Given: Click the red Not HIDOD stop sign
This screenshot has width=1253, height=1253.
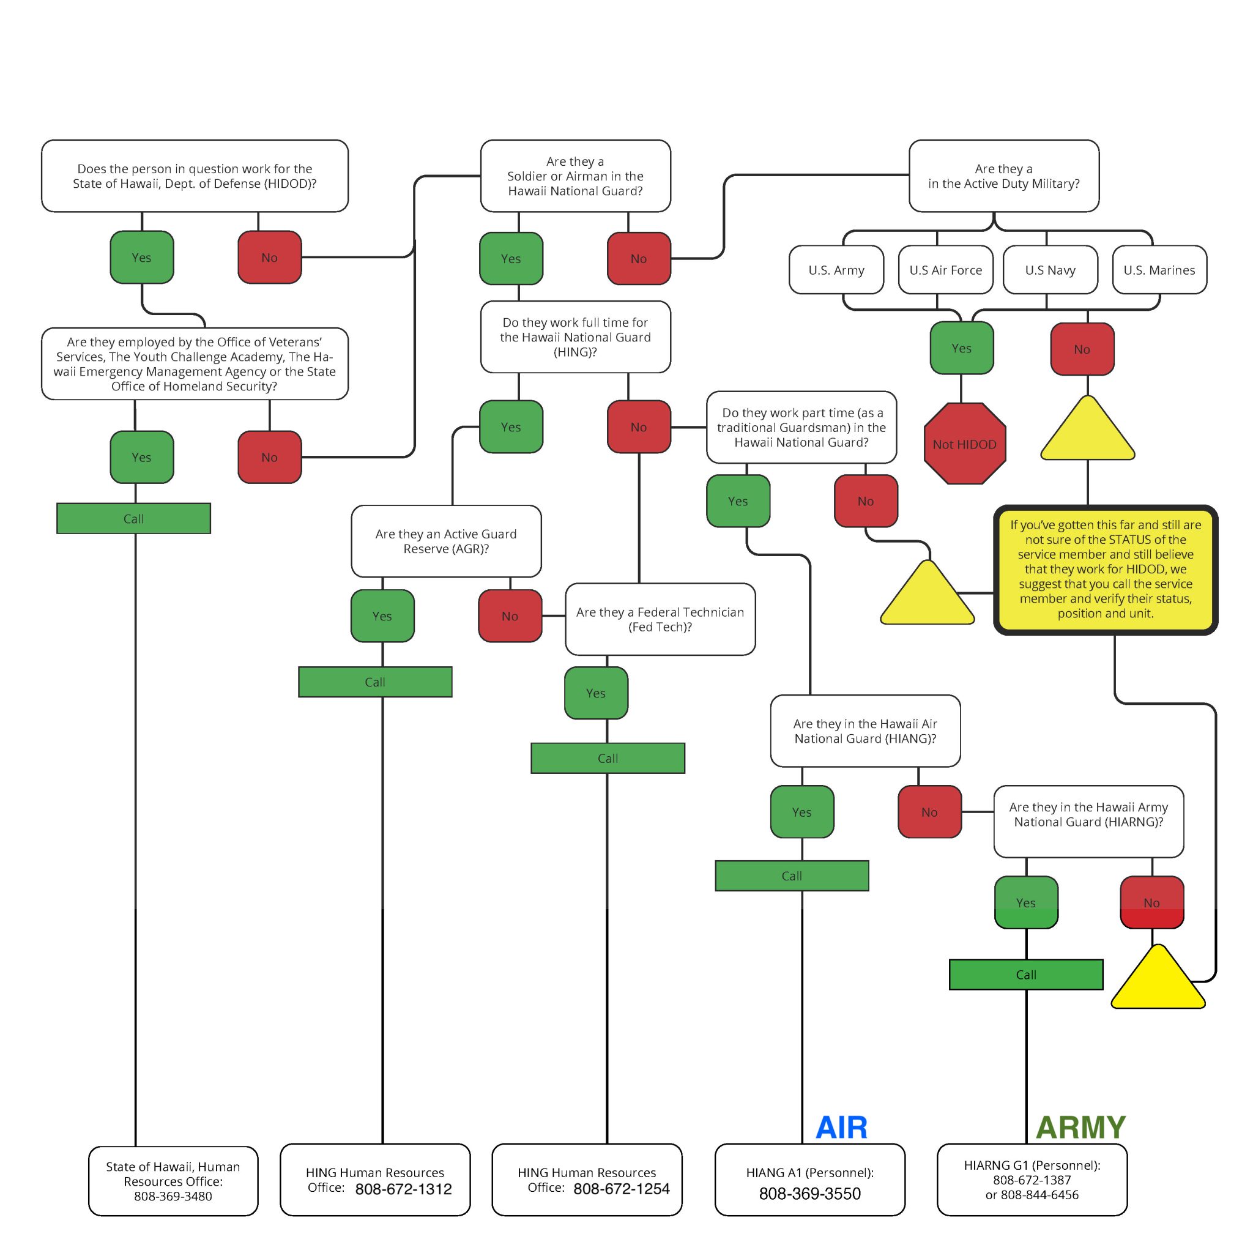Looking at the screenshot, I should (964, 444).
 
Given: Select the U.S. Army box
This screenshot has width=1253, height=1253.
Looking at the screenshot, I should (836, 270).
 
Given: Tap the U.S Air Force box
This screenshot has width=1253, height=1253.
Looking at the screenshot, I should (946, 270).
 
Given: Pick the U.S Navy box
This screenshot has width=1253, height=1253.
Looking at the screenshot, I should (1050, 270).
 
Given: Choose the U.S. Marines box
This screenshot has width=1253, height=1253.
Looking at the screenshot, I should (1159, 270).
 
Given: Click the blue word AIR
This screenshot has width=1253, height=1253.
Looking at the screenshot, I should (841, 1127).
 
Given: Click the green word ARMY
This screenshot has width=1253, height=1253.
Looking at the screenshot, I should (1080, 1127).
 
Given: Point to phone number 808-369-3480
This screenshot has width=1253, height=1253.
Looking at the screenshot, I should (173, 1196).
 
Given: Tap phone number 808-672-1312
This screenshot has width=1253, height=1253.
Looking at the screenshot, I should (403, 1189).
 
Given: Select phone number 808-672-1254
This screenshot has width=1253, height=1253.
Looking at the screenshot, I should (622, 1189).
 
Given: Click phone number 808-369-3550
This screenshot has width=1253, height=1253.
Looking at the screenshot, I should (809, 1193).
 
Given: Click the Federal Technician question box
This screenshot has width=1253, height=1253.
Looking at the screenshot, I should (660, 619).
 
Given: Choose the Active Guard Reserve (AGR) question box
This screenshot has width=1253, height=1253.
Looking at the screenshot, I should (446, 541).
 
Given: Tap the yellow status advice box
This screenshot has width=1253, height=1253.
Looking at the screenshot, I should (1105, 570).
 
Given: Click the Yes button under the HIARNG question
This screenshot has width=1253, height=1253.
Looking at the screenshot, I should (1026, 902).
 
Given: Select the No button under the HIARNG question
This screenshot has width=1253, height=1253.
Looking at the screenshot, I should (1152, 902).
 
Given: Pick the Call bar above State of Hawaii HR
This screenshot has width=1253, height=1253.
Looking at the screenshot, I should (133, 518).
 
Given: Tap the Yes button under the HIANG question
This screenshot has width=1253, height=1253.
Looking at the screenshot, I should (801, 812).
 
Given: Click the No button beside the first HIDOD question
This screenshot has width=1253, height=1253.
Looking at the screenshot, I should (269, 258).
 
